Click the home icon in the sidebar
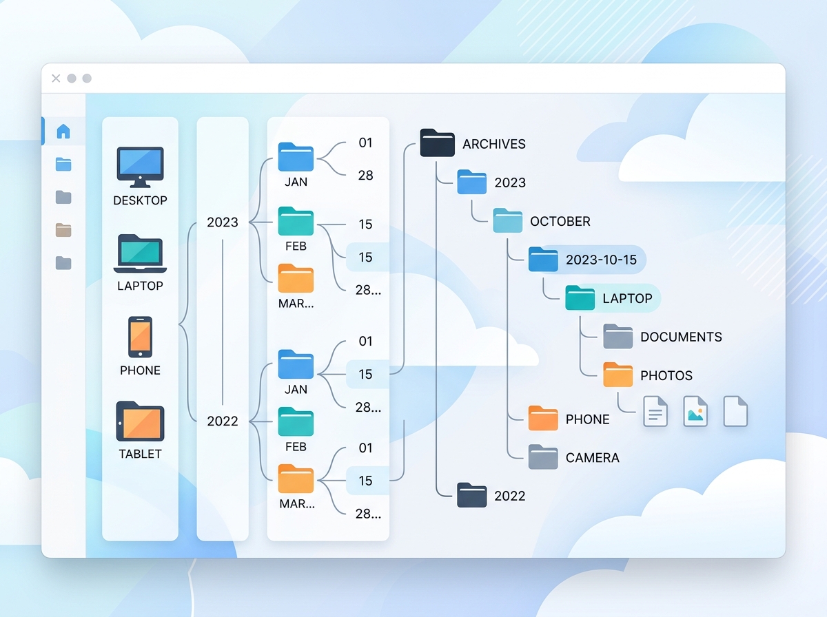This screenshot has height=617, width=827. click(63, 131)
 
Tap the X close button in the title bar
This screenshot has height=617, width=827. click(56, 79)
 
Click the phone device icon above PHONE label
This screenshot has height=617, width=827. click(140, 337)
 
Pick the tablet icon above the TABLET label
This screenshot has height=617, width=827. click(140, 421)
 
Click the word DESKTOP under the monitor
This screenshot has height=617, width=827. click(140, 200)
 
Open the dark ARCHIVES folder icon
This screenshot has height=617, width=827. click(438, 143)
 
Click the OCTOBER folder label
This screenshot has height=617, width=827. click(560, 221)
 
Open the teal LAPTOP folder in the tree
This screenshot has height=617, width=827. click(580, 297)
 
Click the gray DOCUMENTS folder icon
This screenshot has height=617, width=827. click(617, 336)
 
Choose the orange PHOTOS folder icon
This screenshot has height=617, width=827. click(617, 375)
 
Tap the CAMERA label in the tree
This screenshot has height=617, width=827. click(592, 457)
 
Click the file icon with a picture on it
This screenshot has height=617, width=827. click(695, 411)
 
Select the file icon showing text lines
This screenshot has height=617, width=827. click(655, 411)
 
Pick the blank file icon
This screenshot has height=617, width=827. click(735, 411)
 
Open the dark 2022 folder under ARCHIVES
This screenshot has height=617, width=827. click(472, 495)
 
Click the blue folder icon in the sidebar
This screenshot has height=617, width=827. click(63, 164)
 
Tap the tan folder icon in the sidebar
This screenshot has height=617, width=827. click(63, 230)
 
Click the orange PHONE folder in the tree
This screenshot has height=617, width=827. click(543, 419)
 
